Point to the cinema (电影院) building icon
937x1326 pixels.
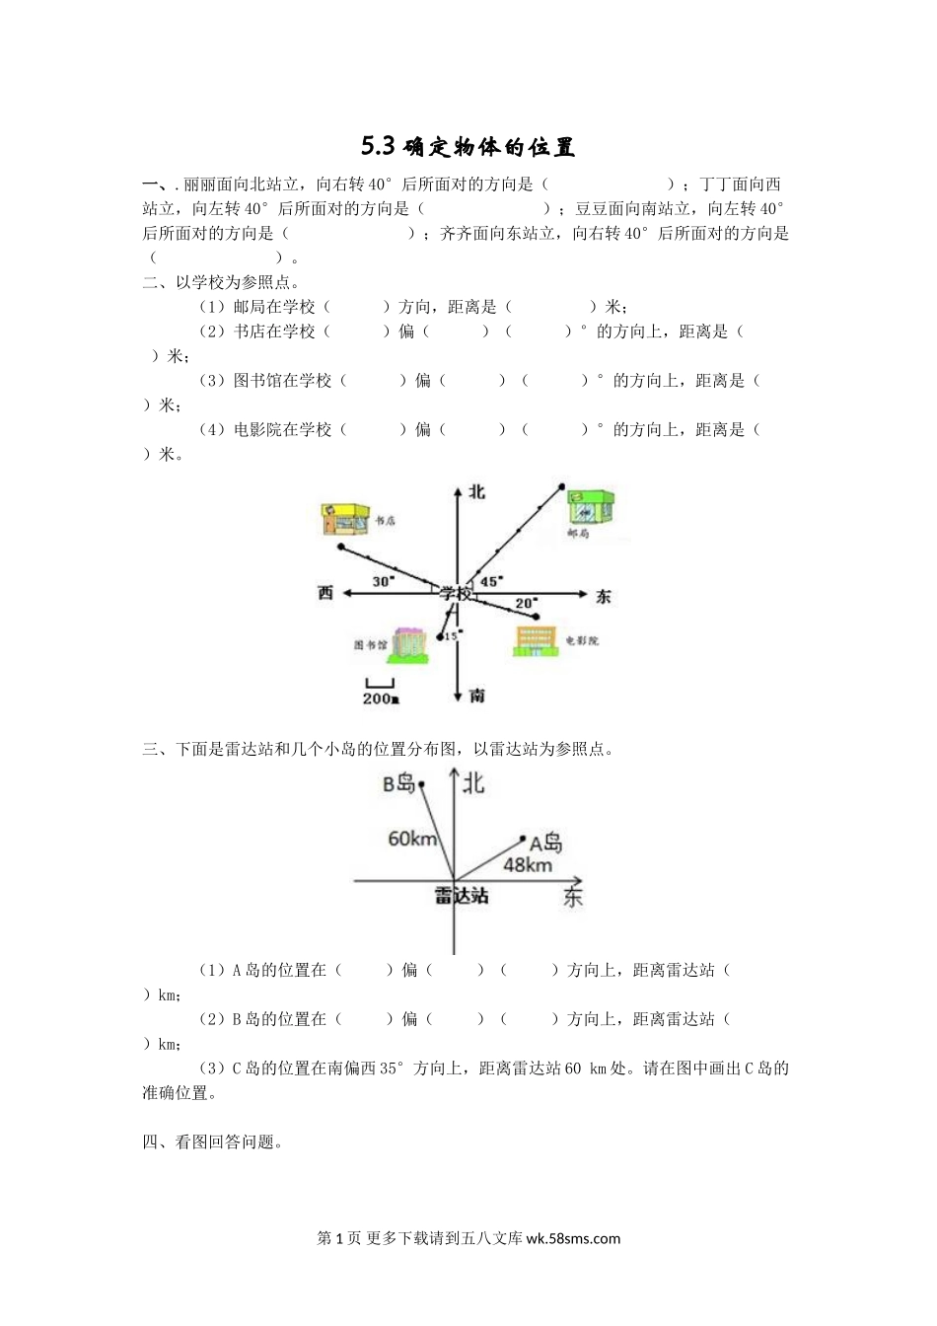[536, 641]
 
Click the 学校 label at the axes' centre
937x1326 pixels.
[456, 593]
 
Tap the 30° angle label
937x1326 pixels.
[384, 581]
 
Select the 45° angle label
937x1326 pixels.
[490, 581]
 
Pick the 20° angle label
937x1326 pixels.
[526, 603]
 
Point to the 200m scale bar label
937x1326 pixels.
[381, 699]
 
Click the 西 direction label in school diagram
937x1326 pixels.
[325, 593]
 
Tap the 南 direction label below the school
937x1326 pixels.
[477, 696]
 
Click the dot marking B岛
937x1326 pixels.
[422, 784]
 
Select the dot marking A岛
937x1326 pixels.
[524, 840]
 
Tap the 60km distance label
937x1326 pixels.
[412, 839]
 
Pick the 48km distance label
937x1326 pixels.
[528, 865]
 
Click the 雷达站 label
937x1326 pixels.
[462, 896]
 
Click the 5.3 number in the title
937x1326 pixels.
[377, 147]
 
